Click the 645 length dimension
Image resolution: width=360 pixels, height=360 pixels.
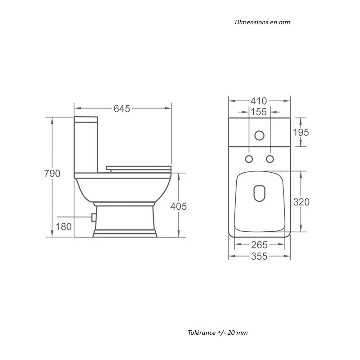click(122, 108)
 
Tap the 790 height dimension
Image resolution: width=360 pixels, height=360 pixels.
click(52, 174)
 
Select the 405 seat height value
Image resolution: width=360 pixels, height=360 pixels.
click(178, 207)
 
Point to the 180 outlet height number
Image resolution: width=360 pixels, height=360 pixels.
click(64, 227)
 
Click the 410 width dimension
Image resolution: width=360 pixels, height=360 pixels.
click(259, 101)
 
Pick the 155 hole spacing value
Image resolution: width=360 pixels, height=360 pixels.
click(259, 112)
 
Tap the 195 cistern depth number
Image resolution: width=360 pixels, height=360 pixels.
click(301, 132)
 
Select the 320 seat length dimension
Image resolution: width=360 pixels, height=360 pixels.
click(301, 202)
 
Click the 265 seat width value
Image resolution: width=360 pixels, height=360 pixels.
click(260, 245)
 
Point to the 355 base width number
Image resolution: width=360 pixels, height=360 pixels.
click(260, 256)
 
